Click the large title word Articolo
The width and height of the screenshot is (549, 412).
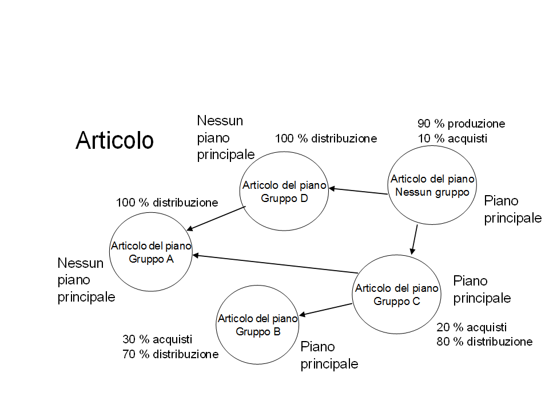[114, 140]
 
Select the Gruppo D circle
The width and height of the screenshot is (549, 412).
[284, 192]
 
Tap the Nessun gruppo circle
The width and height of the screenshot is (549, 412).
[432, 185]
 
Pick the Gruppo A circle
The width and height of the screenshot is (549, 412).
[151, 252]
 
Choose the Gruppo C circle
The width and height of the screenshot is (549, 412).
[396, 294]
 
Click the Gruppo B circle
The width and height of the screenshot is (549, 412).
[257, 324]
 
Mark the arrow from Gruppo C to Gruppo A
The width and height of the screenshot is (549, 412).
[274, 264]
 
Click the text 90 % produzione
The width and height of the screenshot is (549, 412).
[461, 124]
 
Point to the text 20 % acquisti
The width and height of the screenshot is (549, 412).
[471, 327]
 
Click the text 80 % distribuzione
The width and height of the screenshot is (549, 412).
[484, 342]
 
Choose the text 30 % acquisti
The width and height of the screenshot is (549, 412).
[157, 339]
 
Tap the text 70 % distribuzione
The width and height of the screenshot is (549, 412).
[170, 355]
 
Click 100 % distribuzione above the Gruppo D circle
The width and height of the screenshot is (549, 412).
[325, 138]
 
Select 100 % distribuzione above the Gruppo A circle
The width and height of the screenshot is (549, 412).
[166, 203]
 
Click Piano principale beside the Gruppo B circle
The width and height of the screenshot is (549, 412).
[329, 355]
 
